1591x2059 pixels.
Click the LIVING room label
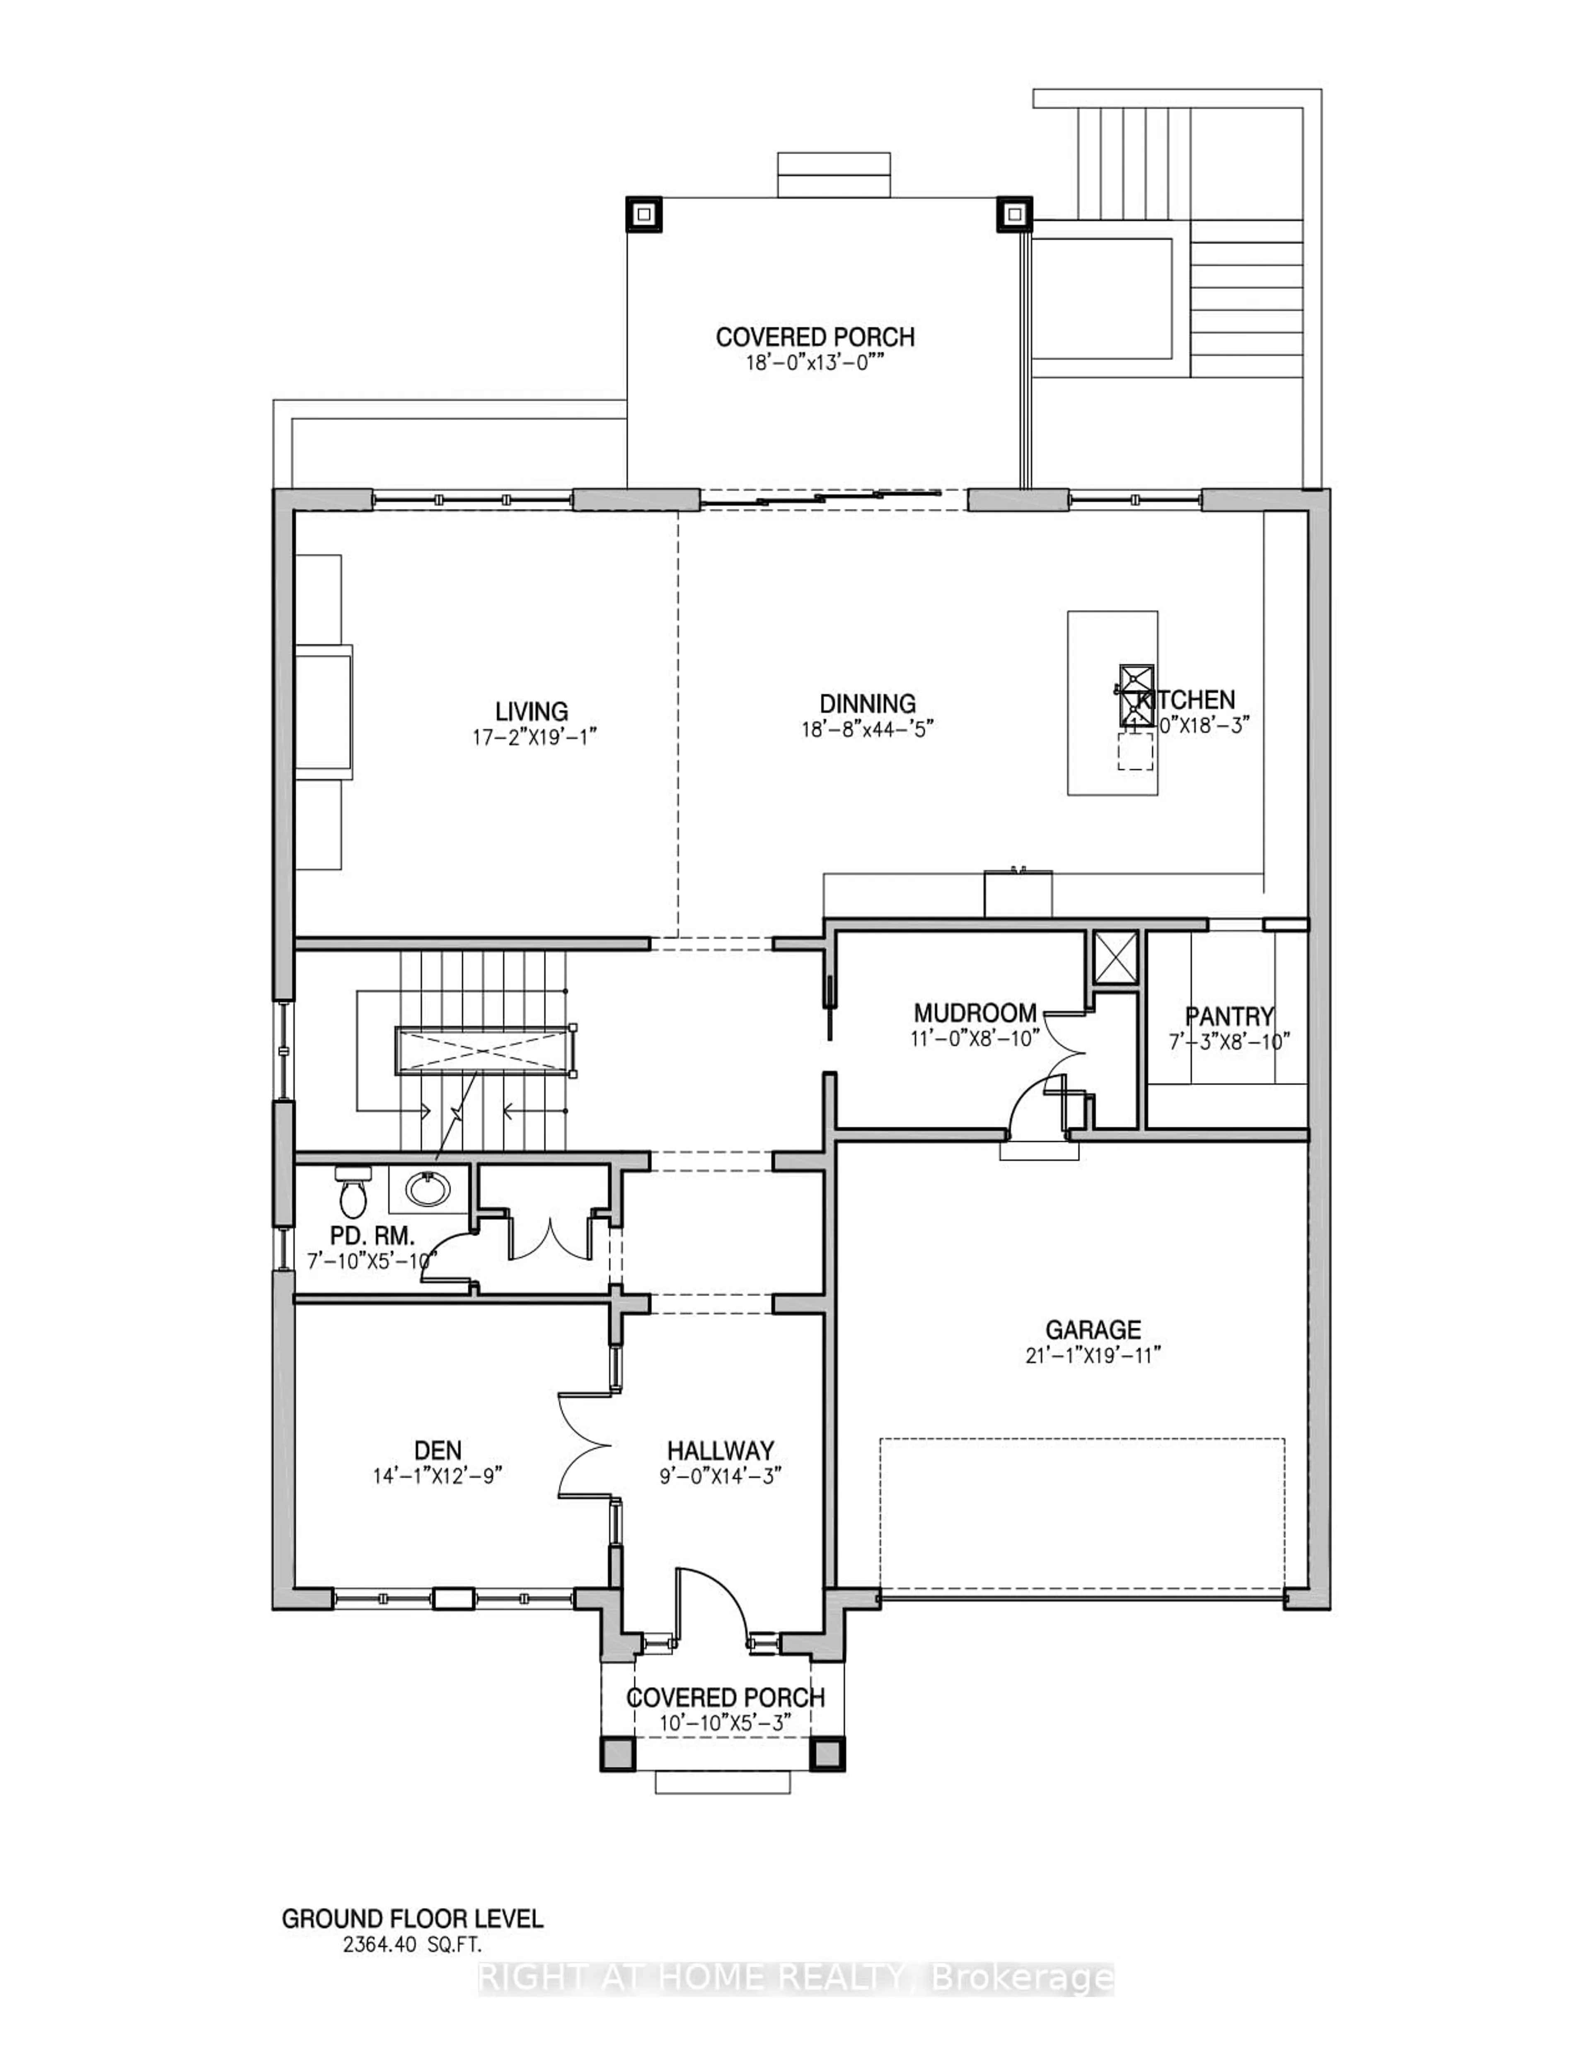[x=532, y=711]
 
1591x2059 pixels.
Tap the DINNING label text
[x=867, y=703]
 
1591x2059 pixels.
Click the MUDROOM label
[x=974, y=1013]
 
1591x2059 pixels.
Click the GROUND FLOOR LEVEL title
[x=413, y=1919]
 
